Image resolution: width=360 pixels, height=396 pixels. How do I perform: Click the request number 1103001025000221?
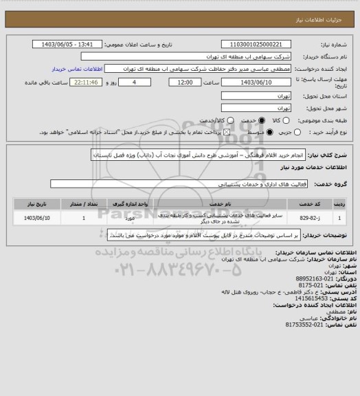click(249, 45)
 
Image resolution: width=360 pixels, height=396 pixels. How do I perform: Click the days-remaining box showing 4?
click(124, 82)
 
